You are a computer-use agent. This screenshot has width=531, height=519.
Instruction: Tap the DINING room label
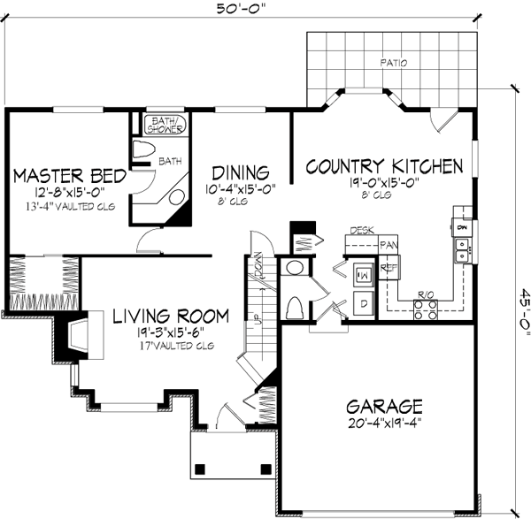click(x=240, y=172)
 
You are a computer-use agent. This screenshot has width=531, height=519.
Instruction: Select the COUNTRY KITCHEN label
click(x=384, y=166)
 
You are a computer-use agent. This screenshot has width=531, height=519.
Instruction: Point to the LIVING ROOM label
click(x=171, y=316)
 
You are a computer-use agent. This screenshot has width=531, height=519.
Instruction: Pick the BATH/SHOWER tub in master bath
click(x=166, y=125)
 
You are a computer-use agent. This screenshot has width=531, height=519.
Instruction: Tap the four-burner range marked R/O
click(x=425, y=309)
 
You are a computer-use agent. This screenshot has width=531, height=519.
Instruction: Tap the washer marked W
click(x=363, y=274)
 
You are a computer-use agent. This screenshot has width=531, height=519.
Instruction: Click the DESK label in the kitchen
click(x=360, y=230)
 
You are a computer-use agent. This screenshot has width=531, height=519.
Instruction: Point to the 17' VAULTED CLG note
click(x=171, y=345)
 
